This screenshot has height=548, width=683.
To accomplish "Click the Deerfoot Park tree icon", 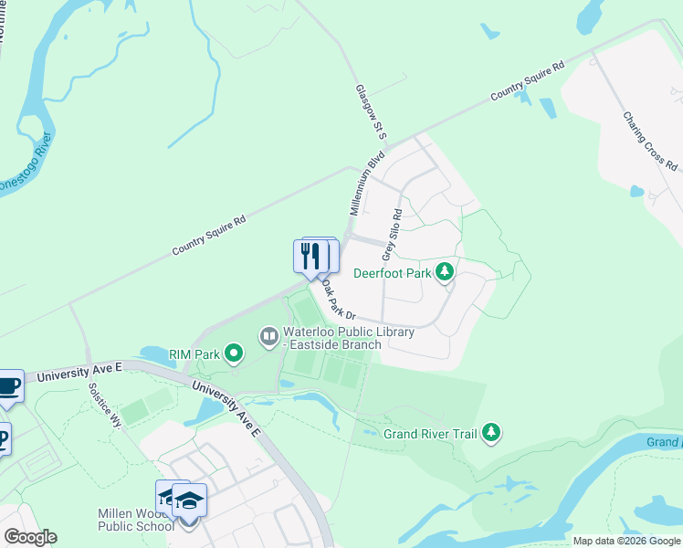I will click(445, 272).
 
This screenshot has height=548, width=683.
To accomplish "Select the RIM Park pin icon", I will click(234, 353).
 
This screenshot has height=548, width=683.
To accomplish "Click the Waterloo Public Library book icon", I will click(269, 337).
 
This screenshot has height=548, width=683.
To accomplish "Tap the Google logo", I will click(30, 537).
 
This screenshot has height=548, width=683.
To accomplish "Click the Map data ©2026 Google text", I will click(626, 541).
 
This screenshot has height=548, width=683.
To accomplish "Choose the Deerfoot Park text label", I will click(393, 273).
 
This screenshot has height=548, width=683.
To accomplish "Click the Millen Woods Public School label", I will click(136, 520).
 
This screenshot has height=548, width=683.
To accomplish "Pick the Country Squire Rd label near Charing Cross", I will click(527, 82).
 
